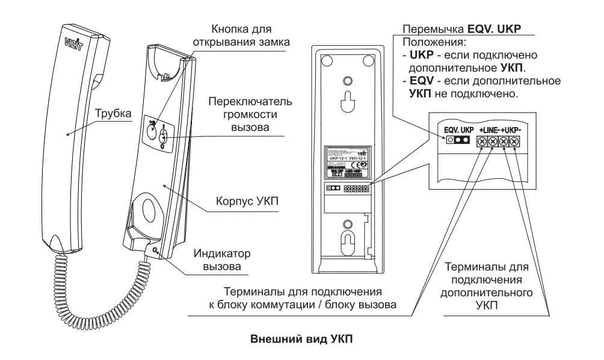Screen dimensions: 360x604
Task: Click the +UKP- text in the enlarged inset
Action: click(x=511, y=130)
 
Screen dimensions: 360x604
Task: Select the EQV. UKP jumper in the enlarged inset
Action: click(x=457, y=141)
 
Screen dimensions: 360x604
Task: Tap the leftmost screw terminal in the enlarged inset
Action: click(x=481, y=142)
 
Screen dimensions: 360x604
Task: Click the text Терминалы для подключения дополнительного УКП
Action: click(x=487, y=287)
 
